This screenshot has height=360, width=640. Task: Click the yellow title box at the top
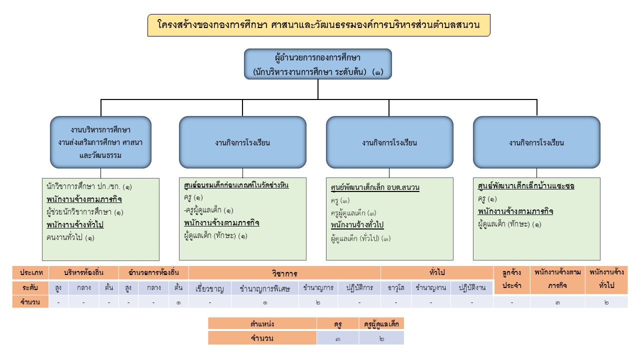[x=318, y=25]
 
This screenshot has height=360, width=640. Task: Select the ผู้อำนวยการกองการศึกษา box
[x=318, y=64]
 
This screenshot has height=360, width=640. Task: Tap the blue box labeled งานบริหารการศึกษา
[x=100, y=142]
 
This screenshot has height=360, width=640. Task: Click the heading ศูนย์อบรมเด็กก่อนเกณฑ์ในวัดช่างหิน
[x=236, y=185]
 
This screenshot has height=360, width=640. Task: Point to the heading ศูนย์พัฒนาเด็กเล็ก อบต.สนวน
[x=375, y=188]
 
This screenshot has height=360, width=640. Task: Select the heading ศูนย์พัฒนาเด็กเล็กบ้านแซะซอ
[x=526, y=186]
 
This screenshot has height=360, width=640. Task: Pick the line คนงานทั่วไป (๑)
[x=70, y=237]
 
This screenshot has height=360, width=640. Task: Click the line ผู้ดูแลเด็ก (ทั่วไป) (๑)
[x=360, y=238]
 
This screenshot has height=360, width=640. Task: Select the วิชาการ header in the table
[x=284, y=273]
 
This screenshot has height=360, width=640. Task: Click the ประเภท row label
[x=30, y=273]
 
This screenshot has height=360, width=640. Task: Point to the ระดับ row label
[x=30, y=288]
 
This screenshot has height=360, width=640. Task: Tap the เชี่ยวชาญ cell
[x=210, y=288]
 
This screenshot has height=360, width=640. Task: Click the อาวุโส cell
[x=395, y=288]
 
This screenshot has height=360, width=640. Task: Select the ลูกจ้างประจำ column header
[x=511, y=280]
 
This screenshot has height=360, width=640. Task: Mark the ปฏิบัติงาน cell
[x=471, y=288]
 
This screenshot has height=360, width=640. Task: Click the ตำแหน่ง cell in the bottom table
[x=262, y=324]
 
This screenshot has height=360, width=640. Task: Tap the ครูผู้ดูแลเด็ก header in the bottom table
[x=381, y=324]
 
